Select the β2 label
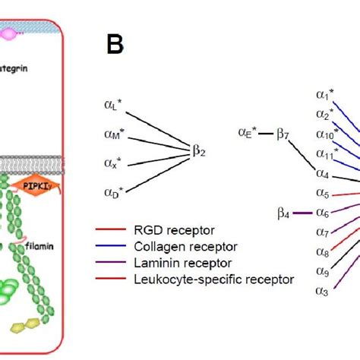click(198, 150)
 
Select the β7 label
click(283, 134)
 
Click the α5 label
click(324, 194)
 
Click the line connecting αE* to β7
click(266, 134)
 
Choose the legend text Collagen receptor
click(185, 245)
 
